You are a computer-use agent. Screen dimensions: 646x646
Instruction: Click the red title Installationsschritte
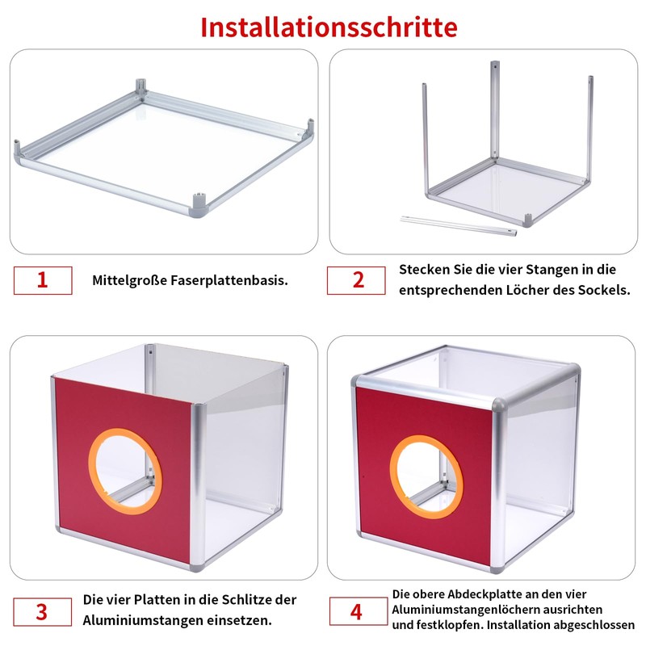coord(329,27)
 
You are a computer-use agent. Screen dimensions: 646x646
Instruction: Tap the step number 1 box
coord(43,280)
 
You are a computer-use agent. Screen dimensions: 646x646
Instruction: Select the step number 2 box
coord(356,280)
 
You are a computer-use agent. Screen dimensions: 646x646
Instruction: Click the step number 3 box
coord(43,612)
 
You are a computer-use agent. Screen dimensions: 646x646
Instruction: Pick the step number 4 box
coord(359,611)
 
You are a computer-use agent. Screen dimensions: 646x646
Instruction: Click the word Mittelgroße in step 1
coord(130,280)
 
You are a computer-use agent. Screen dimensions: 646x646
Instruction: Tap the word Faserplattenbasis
coord(229,280)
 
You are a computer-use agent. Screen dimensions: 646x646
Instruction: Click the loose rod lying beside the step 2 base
coord(459,226)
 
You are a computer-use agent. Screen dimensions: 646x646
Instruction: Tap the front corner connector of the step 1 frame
coord(199,205)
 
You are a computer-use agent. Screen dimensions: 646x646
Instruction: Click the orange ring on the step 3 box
coord(125,472)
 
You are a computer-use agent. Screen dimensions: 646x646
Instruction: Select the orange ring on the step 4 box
coord(426,477)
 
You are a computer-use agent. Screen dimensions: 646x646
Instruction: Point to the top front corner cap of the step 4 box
coord(500,405)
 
